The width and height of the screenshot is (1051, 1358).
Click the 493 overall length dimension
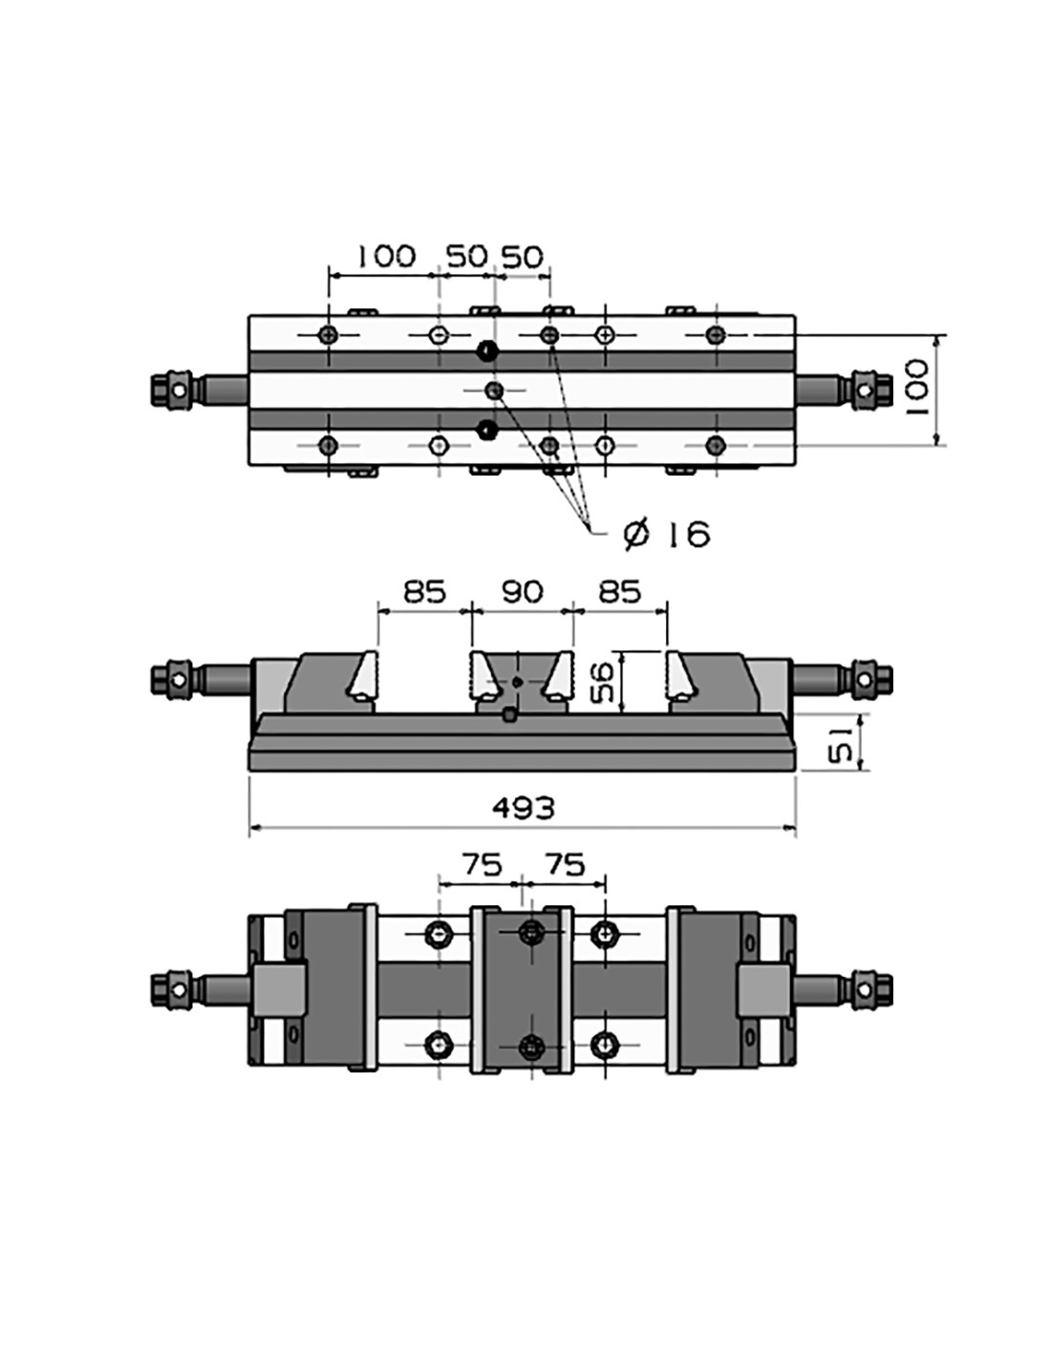point(523,808)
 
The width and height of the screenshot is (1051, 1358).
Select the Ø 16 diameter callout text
point(667,535)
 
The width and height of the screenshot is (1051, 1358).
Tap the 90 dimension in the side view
point(523,591)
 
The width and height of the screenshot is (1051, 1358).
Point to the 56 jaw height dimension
point(601,683)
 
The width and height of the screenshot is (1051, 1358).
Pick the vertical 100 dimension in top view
point(915,388)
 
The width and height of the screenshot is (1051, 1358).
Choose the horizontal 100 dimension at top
point(386,256)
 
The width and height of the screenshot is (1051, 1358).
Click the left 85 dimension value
point(424,591)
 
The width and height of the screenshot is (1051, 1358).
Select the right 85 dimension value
point(619,591)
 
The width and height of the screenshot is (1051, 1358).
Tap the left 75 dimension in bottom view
point(483,865)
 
